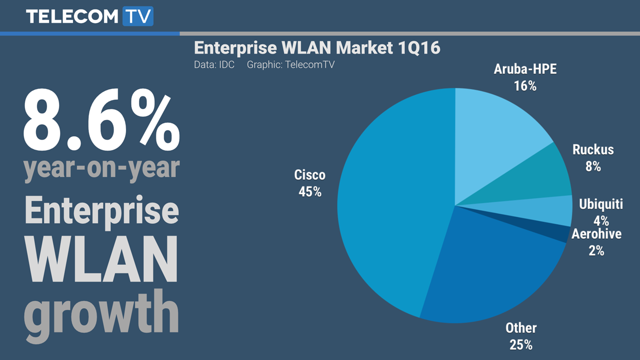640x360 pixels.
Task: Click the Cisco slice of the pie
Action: (390, 210)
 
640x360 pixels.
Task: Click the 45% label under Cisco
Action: (310, 191)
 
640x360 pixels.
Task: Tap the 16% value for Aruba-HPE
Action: (525, 86)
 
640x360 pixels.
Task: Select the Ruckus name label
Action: (593, 149)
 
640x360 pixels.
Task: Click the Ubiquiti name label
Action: (601, 204)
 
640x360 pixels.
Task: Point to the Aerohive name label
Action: (596, 234)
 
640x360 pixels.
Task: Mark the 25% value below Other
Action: (521, 344)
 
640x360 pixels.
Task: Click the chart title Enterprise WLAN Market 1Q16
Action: (317, 48)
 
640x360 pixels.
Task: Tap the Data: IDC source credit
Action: (214, 65)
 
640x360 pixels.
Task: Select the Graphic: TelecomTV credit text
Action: (291, 65)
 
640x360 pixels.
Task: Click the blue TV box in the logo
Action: (137, 16)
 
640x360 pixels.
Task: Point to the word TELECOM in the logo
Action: (72, 16)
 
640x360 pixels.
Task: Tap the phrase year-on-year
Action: (101, 168)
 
